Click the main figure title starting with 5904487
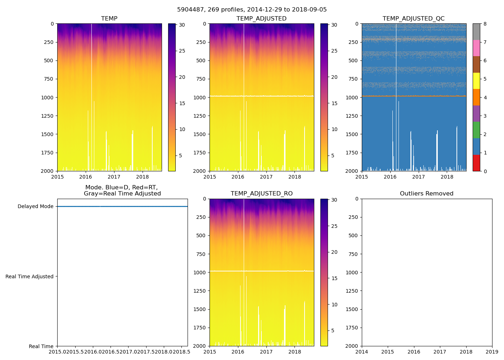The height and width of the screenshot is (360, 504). tap(252, 10)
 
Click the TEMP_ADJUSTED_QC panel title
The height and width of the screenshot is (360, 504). tap(413, 19)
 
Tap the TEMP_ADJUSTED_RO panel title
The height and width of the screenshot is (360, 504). tap(261, 194)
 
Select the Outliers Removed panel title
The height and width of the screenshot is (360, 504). tap(426, 194)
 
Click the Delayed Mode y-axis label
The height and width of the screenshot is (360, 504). tap(35, 207)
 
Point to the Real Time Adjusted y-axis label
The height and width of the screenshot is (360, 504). tap(29, 276)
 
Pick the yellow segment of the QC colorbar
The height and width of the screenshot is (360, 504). tap(476, 81)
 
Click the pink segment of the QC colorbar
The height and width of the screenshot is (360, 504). tap(476, 48)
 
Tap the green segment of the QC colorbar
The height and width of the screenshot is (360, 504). tap(476, 130)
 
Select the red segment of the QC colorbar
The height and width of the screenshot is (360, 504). tap(476, 163)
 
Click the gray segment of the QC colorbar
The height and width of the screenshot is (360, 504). tap(476, 32)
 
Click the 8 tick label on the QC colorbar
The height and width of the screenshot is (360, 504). tap(485, 24)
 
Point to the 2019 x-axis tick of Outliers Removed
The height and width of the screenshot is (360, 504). tap(492, 352)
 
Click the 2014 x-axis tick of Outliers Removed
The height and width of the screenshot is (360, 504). tap(362, 352)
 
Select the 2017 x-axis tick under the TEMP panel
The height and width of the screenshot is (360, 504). tap(114, 177)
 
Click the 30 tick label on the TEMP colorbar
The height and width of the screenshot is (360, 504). tap(182, 25)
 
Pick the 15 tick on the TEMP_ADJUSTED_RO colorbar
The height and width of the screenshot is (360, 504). tap(334, 278)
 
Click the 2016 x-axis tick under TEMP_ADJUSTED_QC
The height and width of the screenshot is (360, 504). tap(390, 177)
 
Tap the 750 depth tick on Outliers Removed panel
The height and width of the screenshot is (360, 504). tap(354, 254)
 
